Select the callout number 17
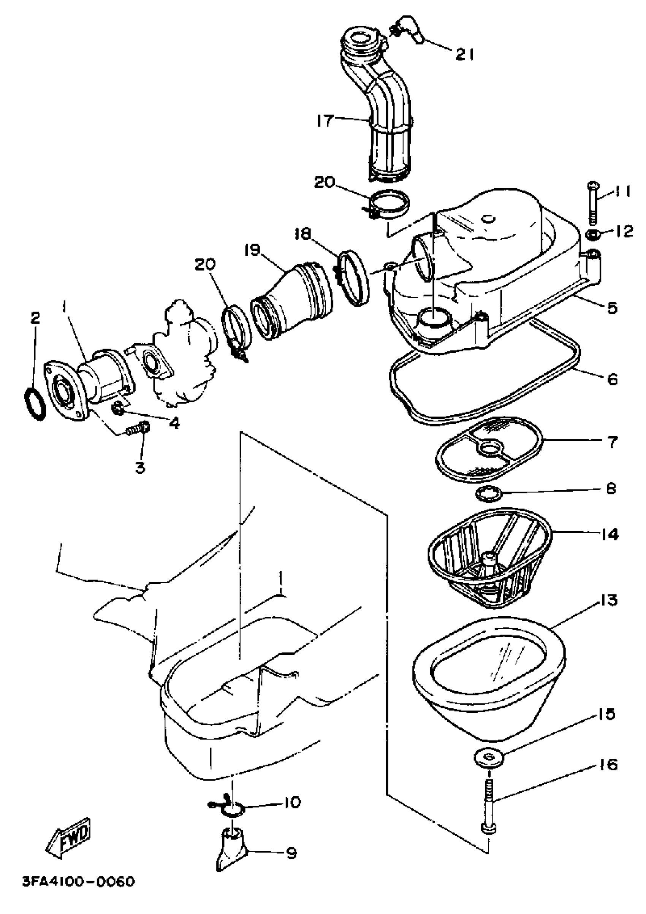pos(325,120)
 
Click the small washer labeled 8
pos(488,494)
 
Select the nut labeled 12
pos(593,234)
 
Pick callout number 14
pos(609,535)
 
